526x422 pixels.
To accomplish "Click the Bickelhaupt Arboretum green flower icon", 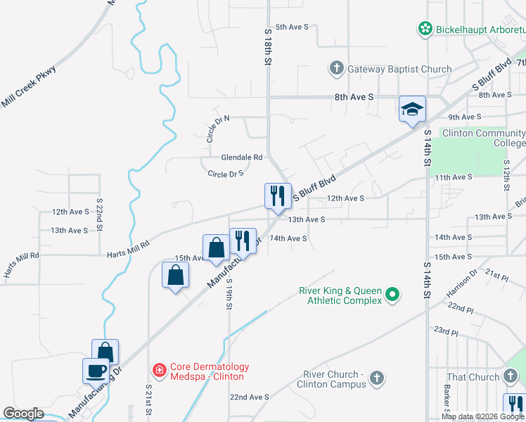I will [x=425, y=30].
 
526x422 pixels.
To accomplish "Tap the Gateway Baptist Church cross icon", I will [x=336, y=69].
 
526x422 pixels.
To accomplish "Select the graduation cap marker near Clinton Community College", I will [x=412, y=109].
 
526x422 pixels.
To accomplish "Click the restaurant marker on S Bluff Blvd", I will [x=278, y=195].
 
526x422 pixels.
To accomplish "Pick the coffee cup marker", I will [x=96, y=370].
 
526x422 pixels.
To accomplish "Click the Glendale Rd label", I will [x=241, y=158].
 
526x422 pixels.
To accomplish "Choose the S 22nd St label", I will [x=100, y=215].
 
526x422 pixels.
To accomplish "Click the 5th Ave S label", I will [x=292, y=27].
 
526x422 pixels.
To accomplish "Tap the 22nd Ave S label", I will [x=249, y=397].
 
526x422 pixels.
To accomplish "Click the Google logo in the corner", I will [x=23, y=414].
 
